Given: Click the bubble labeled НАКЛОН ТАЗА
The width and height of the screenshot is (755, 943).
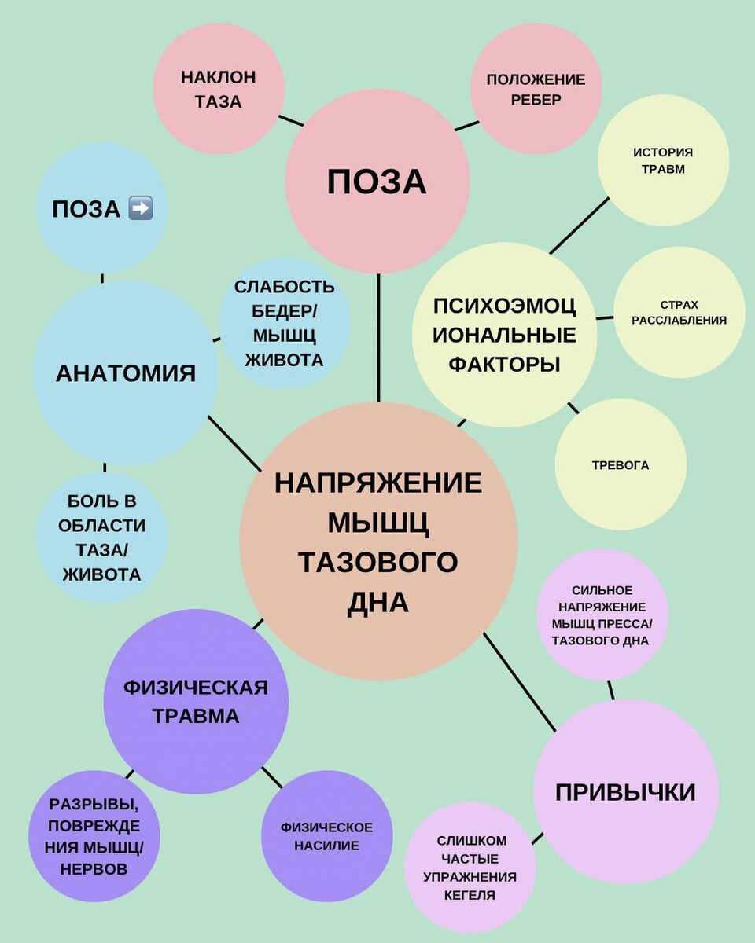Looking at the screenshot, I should click(x=218, y=89).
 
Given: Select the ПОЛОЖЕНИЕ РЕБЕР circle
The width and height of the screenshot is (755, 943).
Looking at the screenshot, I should click(x=536, y=89).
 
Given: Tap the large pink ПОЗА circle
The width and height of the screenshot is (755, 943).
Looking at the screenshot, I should click(x=377, y=182).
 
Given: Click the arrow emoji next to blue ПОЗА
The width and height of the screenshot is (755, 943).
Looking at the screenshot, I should click(x=141, y=209).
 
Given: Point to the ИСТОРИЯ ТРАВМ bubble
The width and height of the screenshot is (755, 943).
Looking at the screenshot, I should click(x=663, y=160).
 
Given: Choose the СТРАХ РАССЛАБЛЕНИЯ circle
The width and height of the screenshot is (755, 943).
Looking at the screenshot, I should click(x=679, y=312).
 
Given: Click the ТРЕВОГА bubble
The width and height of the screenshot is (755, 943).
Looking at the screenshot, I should click(x=621, y=464).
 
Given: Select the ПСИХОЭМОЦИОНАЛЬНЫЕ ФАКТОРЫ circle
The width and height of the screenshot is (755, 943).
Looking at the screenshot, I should click(x=505, y=335).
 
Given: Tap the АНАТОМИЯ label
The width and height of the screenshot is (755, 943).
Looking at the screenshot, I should click(x=126, y=372).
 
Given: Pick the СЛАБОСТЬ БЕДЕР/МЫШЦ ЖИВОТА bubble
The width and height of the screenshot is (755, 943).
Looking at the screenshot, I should click(x=284, y=323).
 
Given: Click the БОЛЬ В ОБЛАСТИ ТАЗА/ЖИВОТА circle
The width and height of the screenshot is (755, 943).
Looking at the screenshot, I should click(x=102, y=538).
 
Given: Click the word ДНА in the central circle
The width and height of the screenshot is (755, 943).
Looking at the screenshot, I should click(x=378, y=602).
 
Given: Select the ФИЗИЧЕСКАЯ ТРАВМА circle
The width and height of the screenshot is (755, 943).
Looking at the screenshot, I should click(x=196, y=702).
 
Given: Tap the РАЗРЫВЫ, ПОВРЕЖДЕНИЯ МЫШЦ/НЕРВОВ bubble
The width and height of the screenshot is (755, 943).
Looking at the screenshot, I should click(x=94, y=836).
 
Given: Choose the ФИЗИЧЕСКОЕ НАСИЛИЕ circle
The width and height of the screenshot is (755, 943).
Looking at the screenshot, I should click(x=326, y=836).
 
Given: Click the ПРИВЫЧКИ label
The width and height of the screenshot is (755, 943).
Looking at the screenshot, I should click(x=625, y=791).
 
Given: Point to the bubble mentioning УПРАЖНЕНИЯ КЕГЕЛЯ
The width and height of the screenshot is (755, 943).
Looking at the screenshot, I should click(x=470, y=868).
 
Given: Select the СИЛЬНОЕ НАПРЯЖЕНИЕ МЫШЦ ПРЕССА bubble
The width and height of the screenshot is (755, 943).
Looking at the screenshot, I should click(x=602, y=615).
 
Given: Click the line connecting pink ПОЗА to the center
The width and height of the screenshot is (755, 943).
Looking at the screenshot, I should click(x=378, y=338).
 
